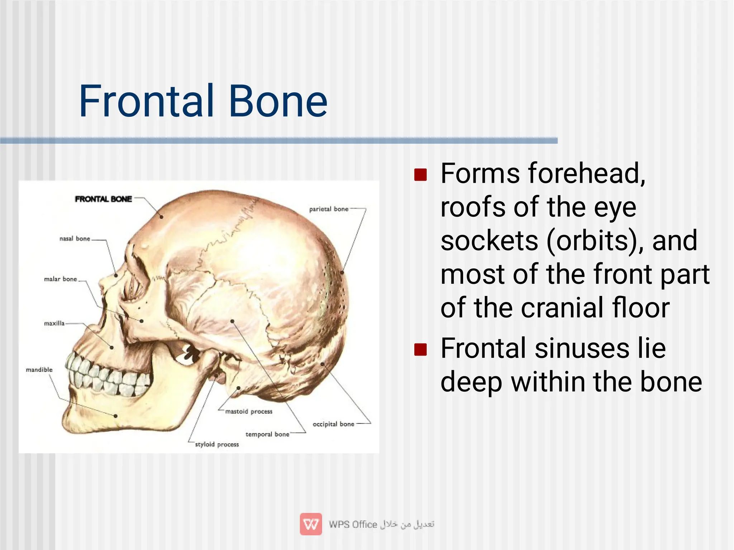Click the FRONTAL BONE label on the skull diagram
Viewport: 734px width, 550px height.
coord(103,199)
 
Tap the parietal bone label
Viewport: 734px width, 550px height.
coord(329,209)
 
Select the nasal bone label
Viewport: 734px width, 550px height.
coord(75,239)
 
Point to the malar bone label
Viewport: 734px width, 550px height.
coord(60,279)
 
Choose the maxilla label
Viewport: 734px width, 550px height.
coord(54,324)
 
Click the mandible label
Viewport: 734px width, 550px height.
coord(39,370)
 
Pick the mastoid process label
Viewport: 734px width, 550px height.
coord(248,412)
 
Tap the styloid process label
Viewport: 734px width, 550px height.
coord(216,445)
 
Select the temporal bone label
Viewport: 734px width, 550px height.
coord(267,435)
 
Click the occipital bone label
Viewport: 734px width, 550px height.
coord(333,424)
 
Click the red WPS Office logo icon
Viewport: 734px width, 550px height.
coord(311,524)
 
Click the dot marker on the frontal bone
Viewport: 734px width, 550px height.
coord(161,217)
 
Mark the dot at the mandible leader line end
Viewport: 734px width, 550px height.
coord(115,416)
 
